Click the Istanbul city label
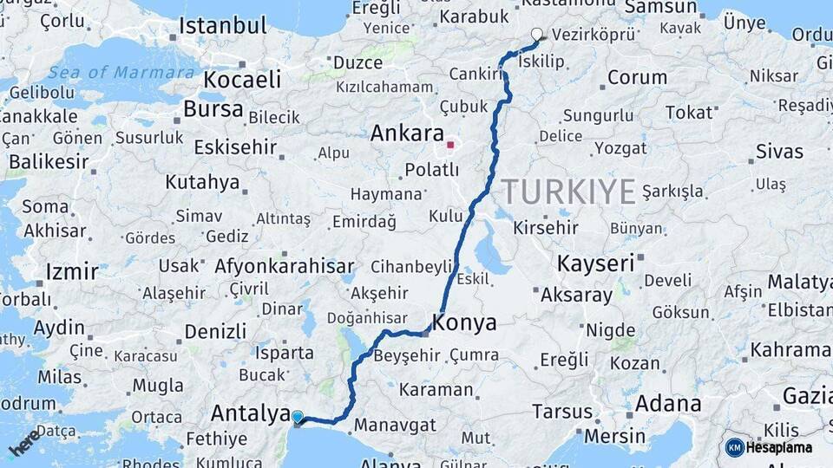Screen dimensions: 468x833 (222, 26)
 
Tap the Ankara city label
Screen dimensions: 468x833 (407, 133)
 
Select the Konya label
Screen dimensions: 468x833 (464, 323)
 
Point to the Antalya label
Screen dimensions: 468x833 (250, 413)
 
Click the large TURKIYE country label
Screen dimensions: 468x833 (568, 192)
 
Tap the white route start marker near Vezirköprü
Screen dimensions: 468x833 (536, 36)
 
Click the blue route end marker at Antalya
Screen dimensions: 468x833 (298, 418)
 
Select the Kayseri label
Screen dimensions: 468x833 (596, 263)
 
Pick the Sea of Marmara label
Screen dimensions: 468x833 (121, 72)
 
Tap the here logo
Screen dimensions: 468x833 (24, 442)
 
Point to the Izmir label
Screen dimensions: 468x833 (72, 270)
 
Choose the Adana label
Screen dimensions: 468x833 (668, 403)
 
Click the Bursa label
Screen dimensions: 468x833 (213, 109)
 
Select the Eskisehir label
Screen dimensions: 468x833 (235, 146)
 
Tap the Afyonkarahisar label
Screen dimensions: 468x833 (284, 265)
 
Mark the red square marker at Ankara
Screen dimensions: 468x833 (450, 145)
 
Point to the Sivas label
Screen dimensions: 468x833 (779, 152)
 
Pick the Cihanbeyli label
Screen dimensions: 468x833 (411, 266)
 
